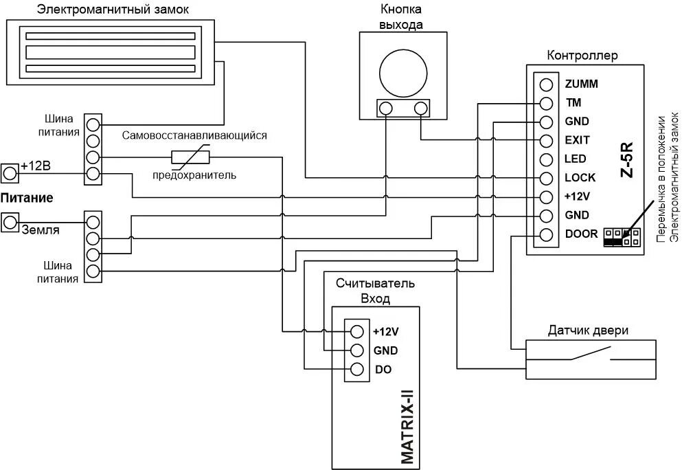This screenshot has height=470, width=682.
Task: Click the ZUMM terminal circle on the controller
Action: coord(546,85)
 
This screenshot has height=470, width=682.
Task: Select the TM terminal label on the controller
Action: coord(573,103)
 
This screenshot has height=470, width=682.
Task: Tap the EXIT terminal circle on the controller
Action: coord(546,141)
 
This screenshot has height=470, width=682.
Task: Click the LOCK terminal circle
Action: coord(546,178)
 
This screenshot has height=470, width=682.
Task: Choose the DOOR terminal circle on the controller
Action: coord(546,234)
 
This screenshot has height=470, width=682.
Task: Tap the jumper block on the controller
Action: coord(622,237)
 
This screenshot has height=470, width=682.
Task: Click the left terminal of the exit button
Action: coord(386,108)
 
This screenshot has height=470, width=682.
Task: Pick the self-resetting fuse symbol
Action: coord(190,157)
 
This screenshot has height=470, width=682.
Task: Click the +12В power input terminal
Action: coord(10,172)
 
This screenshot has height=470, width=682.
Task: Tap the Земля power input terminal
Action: coord(10,222)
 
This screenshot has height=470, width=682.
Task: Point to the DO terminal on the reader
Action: coord(356,369)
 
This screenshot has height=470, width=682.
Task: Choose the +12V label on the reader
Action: coord(385,331)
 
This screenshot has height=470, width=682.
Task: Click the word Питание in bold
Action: coord(27,198)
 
